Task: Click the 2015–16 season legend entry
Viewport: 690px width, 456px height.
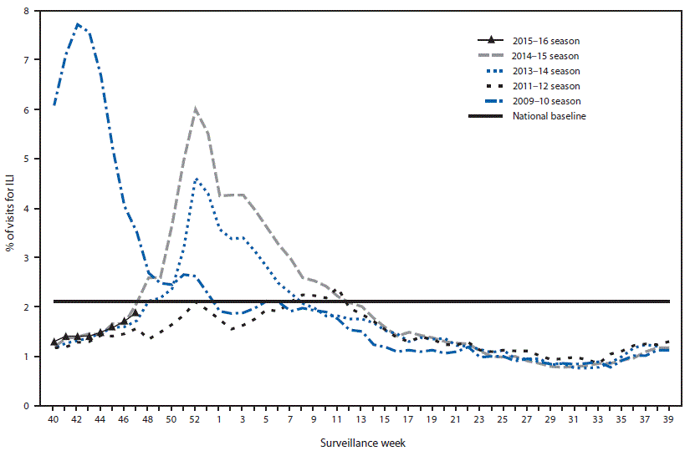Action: pyautogui.click(x=545, y=40)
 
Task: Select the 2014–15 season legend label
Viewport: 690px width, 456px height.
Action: pyautogui.click(x=545, y=55)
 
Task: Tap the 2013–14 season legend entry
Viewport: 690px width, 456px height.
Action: pyautogui.click(x=545, y=70)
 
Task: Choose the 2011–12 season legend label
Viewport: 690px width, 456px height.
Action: pyautogui.click(x=545, y=85)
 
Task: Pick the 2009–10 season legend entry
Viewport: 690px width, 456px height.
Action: pyautogui.click(x=545, y=100)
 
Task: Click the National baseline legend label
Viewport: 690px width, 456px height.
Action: pyautogui.click(x=549, y=115)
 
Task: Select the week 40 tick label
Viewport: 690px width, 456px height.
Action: pyautogui.click(x=54, y=418)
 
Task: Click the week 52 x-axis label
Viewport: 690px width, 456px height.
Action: pyautogui.click(x=195, y=418)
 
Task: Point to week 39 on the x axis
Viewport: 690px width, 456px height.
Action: pyautogui.click(x=667, y=418)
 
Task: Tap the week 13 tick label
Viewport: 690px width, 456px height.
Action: pyautogui.click(x=360, y=418)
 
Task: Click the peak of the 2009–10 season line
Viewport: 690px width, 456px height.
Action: pyautogui.click(x=78, y=24)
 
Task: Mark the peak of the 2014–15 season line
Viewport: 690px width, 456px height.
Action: pyautogui.click(x=195, y=109)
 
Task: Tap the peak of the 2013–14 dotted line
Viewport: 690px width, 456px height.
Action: pyautogui.click(x=196, y=179)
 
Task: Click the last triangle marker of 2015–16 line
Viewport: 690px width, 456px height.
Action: pyautogui.click(x=135, y=312)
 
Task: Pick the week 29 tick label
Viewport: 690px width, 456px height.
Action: pyautogui.click(x=549, y=418)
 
